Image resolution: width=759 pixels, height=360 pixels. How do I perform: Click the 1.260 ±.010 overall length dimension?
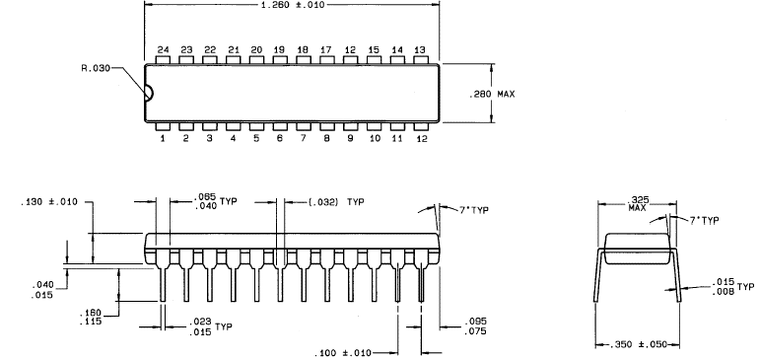(293, 5)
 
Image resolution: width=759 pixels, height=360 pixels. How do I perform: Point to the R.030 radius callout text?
(96, 68)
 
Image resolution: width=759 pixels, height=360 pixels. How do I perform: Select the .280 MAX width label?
(492, 94)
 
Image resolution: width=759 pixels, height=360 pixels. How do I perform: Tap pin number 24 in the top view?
(163, 50)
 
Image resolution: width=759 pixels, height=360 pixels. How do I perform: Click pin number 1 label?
(163, 138)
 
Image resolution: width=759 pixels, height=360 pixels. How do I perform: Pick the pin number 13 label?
(420, 50)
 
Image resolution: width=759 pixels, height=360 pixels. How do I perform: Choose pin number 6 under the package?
(280, 138)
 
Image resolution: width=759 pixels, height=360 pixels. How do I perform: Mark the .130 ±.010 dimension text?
(49, 202)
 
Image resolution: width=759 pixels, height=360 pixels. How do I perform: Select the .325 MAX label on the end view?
(638, 203)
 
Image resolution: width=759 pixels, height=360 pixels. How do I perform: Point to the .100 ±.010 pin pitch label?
(343, 353)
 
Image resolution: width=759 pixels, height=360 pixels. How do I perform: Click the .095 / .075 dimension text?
(475, 326)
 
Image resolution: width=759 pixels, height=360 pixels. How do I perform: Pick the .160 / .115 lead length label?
(91, 317)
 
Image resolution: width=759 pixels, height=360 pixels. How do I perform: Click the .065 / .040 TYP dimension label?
(216, 201)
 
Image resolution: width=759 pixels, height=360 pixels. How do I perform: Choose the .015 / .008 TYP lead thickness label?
(732, 286)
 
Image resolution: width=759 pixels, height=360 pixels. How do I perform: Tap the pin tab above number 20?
(256, 59)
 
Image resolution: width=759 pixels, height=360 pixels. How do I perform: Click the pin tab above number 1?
(163, 126)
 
